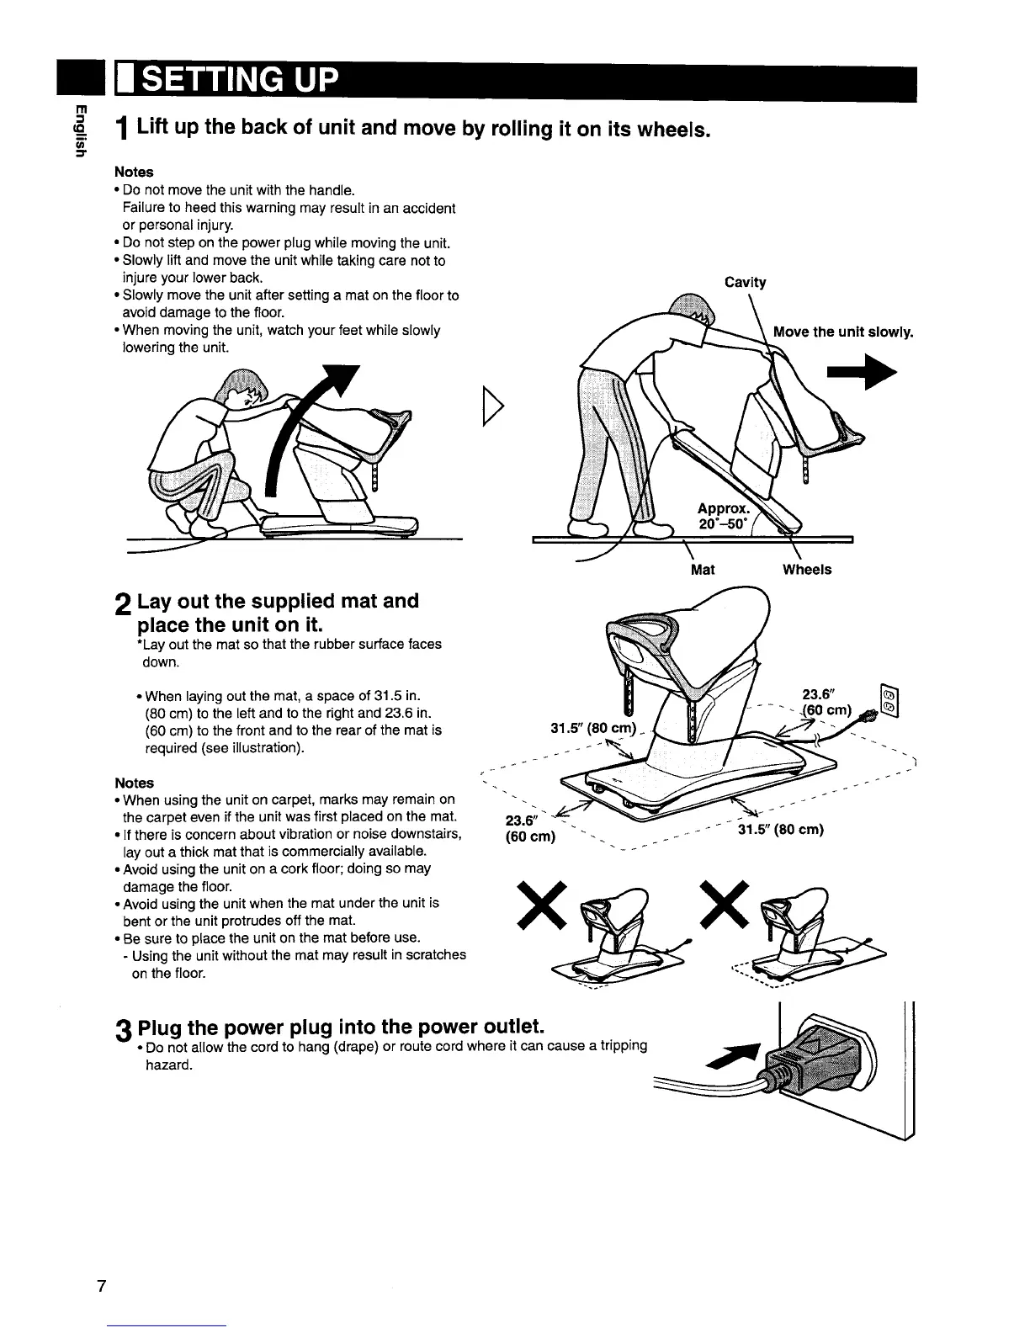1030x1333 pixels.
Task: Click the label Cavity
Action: pos(745,283)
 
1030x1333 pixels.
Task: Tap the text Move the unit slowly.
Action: pos(843,332)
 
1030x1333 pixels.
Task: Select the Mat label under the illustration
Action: pos(702,570)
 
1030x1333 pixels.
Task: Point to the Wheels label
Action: pos(806,570)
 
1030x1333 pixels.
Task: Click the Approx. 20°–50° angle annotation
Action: pos(720,515)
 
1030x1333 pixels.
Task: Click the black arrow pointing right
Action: pos(863,376)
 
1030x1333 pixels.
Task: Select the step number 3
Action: pos(124,1031)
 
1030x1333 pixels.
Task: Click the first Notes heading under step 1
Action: pos(138,172)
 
